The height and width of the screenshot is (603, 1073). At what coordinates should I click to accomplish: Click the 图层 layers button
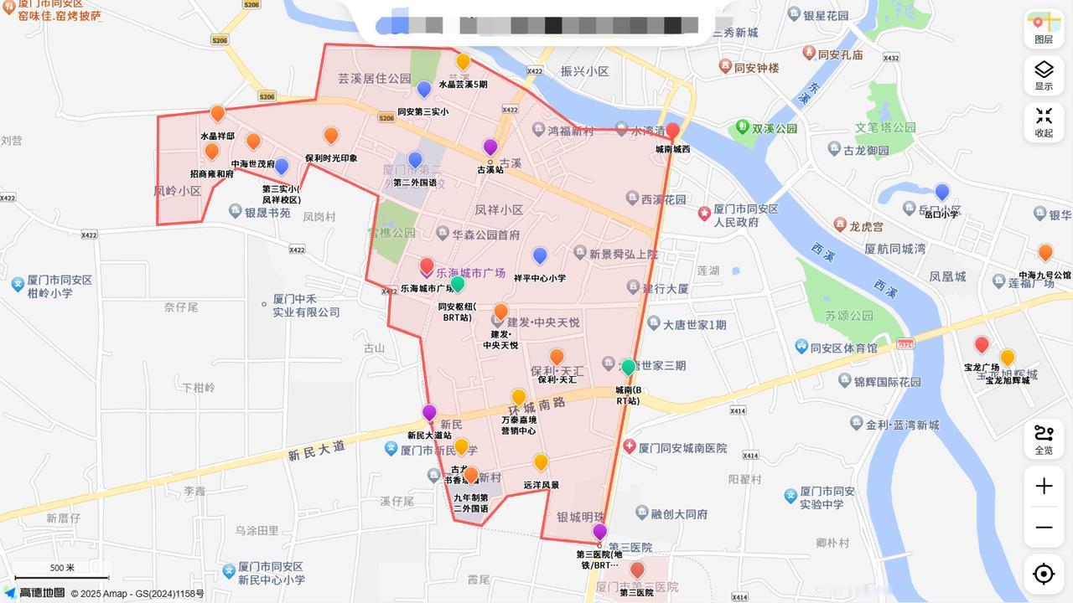[x=1044, y=28]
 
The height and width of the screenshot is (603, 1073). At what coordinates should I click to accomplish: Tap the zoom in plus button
[x=1044, y=487]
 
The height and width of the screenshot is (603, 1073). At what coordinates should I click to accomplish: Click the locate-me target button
[x=1044, y=574]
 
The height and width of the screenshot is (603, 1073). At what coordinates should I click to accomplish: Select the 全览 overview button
[x=1044, y=439]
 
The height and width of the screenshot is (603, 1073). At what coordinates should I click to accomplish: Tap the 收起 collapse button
[x=1044, y=122]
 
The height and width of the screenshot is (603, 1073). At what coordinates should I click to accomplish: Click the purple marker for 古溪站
[x=490, y=148]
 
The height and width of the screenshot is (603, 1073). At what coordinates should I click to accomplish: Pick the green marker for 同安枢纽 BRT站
[x=457, y=285]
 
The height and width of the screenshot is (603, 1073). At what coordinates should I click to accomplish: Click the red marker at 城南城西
[x=672, y=131]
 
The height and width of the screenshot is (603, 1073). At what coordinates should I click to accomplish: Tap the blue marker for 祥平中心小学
[x=540, y=255]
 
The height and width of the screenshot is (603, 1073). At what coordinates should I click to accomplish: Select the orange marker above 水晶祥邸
[x=218, y=113]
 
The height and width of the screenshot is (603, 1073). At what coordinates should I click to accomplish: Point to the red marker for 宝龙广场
[x=982, y=344]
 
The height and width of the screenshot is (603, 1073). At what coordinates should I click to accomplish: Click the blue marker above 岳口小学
[x=942, y=192]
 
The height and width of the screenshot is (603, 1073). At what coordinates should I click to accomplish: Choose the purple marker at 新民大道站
[x=429, y=412]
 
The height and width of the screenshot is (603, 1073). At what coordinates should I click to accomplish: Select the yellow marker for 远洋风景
[x=541, y=462]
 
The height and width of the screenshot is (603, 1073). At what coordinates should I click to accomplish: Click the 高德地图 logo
[x=34, y=593]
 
